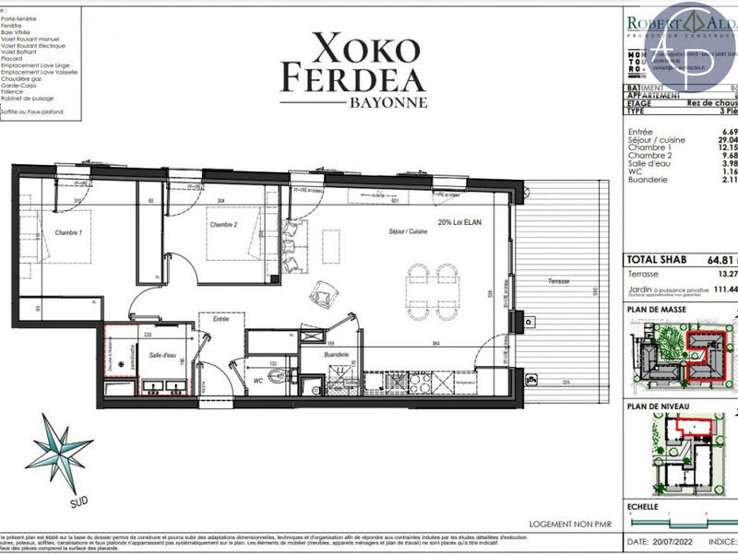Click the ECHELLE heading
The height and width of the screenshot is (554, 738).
(642, 506)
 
